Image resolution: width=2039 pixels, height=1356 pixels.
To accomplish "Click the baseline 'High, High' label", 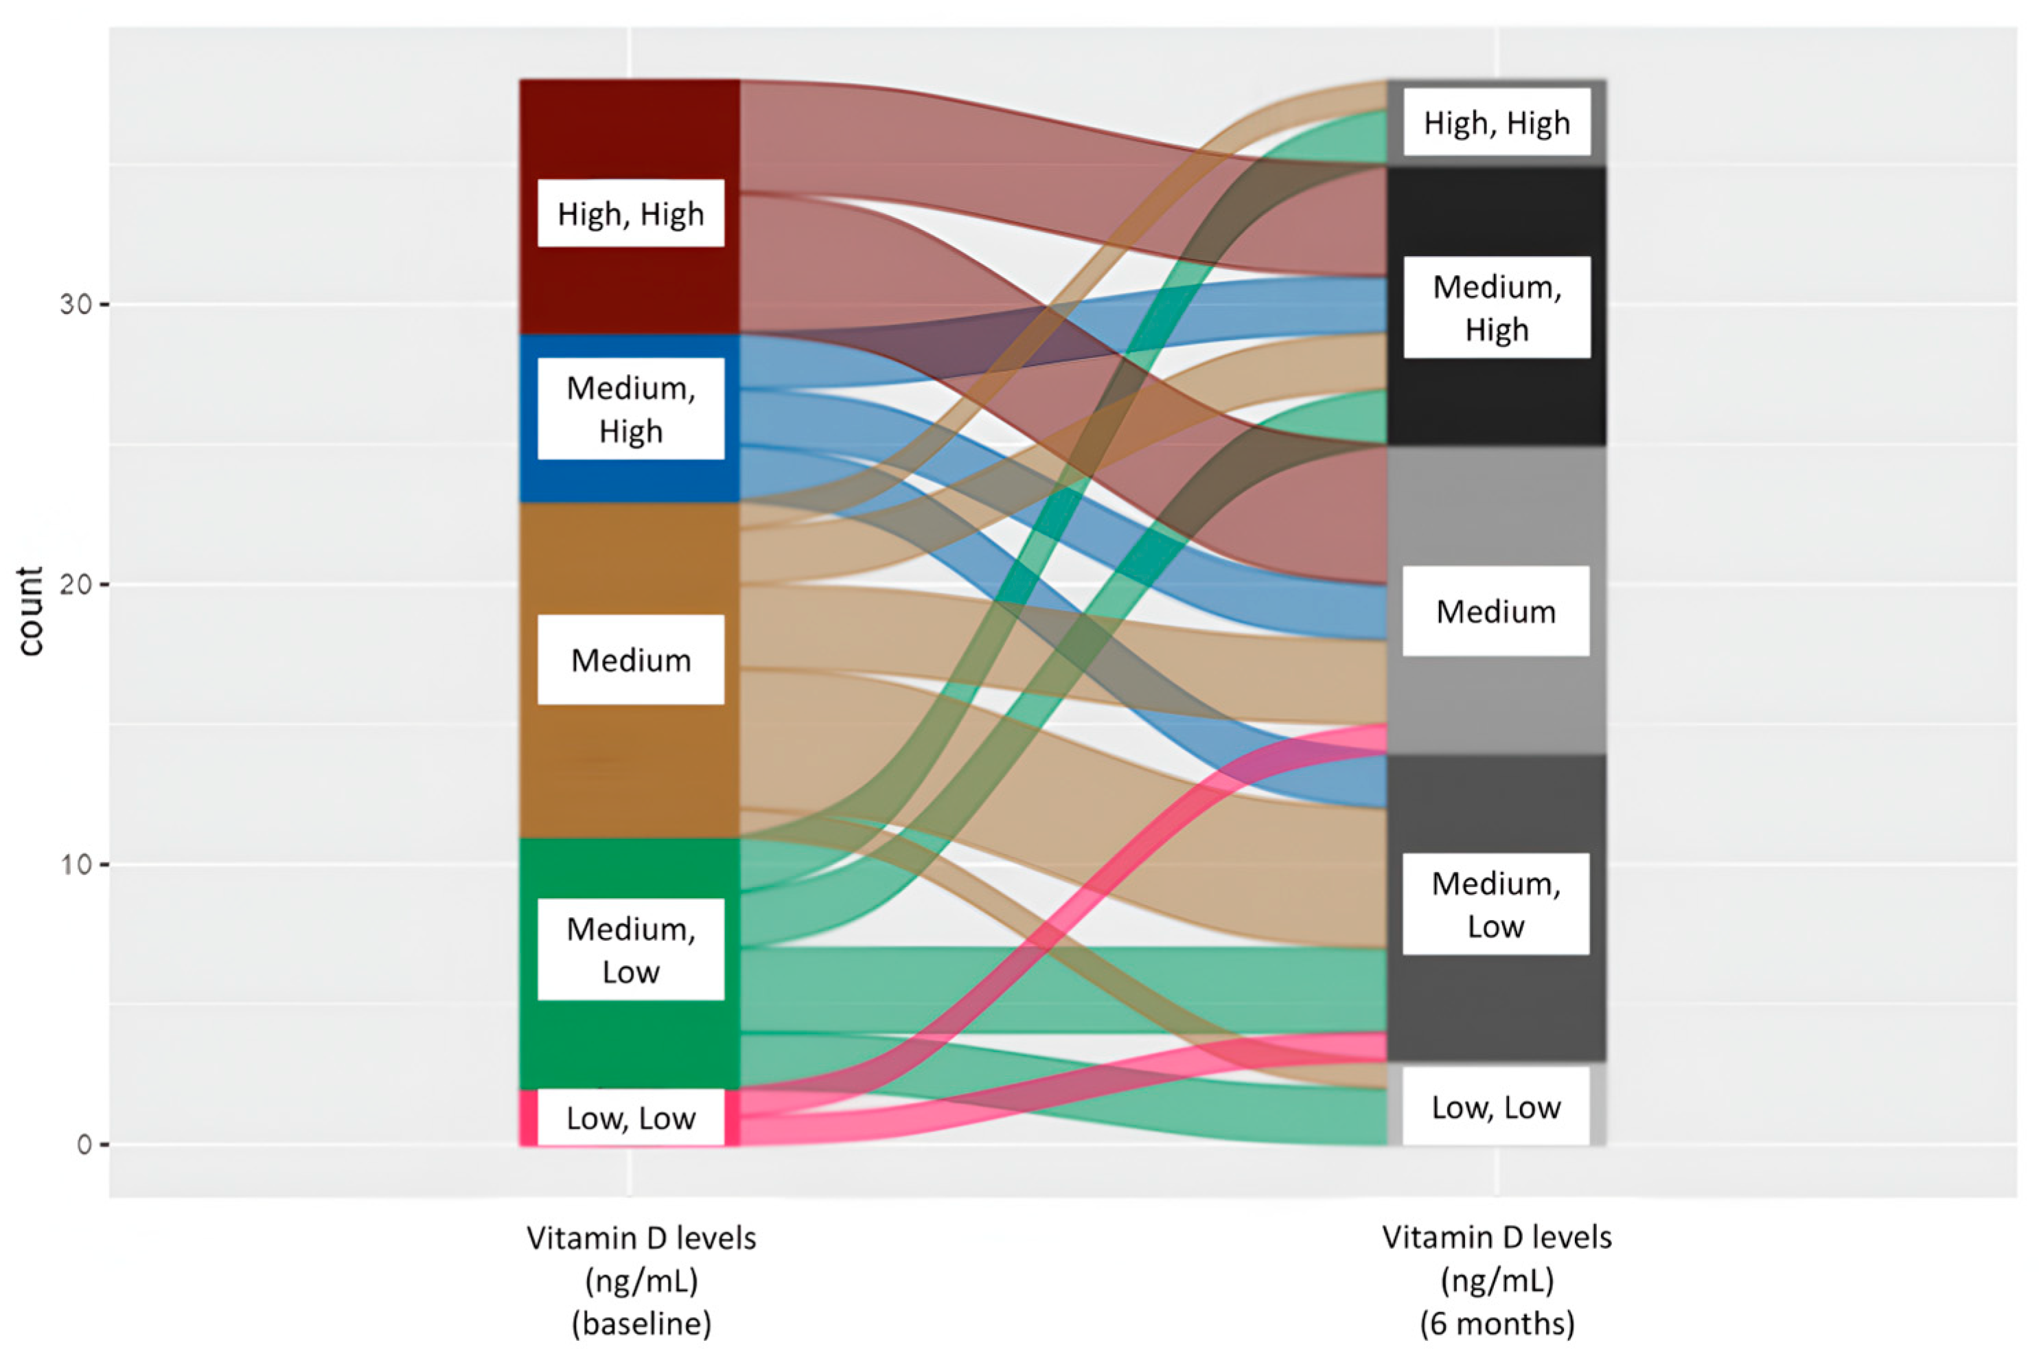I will click(x=630, y=214).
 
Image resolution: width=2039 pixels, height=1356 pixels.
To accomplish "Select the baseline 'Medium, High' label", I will click(x=630, y=409).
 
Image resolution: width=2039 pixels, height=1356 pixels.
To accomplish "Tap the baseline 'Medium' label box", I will click(x=630, y=660).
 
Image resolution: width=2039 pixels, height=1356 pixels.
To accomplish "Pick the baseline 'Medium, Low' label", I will click(x=630, y=950).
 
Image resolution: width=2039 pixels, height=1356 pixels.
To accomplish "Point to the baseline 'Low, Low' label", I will click(x=630, y=1118).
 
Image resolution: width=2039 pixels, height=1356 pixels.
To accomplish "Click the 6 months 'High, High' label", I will click(x=1496, y=123).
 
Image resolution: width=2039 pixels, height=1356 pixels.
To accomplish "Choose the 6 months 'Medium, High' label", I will click(x=1496, y=308).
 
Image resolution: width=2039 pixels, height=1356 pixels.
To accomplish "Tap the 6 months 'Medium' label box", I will click(x=1495, y=612).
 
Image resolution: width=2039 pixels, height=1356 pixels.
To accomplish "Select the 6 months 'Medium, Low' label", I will click(x=1495, y=905).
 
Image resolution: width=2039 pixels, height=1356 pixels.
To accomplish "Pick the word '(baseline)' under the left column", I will click(x=642, y=1324).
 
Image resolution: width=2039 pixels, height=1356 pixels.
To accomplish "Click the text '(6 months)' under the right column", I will click(x=1497, y=1324).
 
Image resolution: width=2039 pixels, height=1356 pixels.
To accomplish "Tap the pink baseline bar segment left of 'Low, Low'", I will click(x=527, y=1117).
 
